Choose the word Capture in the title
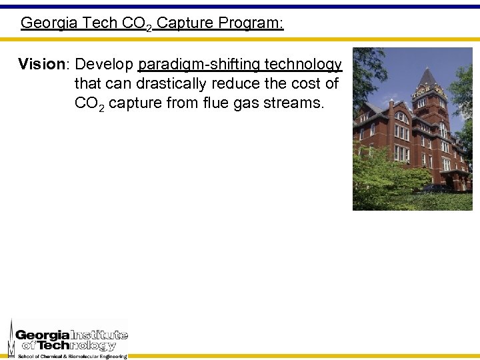185,23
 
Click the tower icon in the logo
11,338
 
